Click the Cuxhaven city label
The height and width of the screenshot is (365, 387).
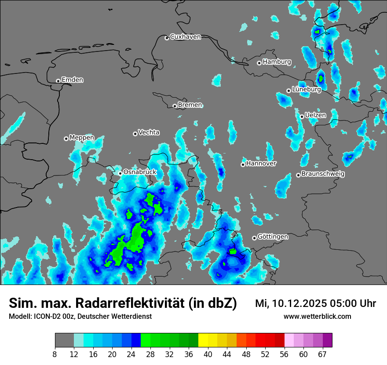(185, 37)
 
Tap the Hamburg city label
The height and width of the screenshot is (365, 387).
(277, 62)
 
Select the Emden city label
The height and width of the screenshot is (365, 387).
(72, 80)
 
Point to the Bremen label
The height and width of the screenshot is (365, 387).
(190, 105)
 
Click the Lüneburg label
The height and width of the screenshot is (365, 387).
(306, 89)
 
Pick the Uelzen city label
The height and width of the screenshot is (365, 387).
(315, 115)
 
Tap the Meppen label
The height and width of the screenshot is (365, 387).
(82, 138)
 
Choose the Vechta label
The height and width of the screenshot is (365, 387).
(149, 132)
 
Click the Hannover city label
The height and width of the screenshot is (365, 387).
(261, 164)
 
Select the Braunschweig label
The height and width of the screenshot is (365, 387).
(323, 174)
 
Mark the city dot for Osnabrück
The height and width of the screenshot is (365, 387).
(120, 173)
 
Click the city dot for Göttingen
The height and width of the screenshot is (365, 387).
(254, 238)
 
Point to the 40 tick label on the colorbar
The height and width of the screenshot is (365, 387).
(208, 354)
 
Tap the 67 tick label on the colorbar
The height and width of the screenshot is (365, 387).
(322, 354)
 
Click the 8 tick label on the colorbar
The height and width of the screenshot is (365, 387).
(55, 354)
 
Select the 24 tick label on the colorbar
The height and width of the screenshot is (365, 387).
(131, 354)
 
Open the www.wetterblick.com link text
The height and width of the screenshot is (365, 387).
(318, 317)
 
